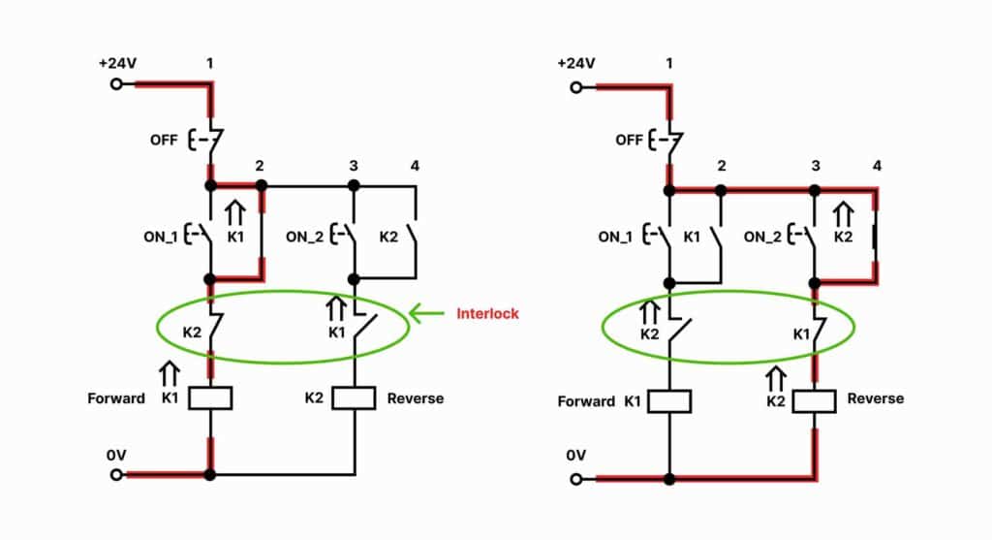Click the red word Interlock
(487, 313)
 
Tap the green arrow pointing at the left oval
(427, 312)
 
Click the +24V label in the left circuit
(117, 63)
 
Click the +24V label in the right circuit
(576, 63)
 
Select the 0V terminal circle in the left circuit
(117, 474)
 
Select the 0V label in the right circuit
(576, 455)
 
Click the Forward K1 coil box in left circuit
(210, 397)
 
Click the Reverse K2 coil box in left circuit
(354, 397)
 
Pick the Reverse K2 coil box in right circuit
(814, 399)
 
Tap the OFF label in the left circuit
(164, 140)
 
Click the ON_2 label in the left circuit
(306, 236)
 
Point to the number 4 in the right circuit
(877, 166)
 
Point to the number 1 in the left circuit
(209, 63)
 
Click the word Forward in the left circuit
(115, 397)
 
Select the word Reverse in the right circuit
(875, 398)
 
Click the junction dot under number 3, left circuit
(354, 185)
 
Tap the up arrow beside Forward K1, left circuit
(170, 371)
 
